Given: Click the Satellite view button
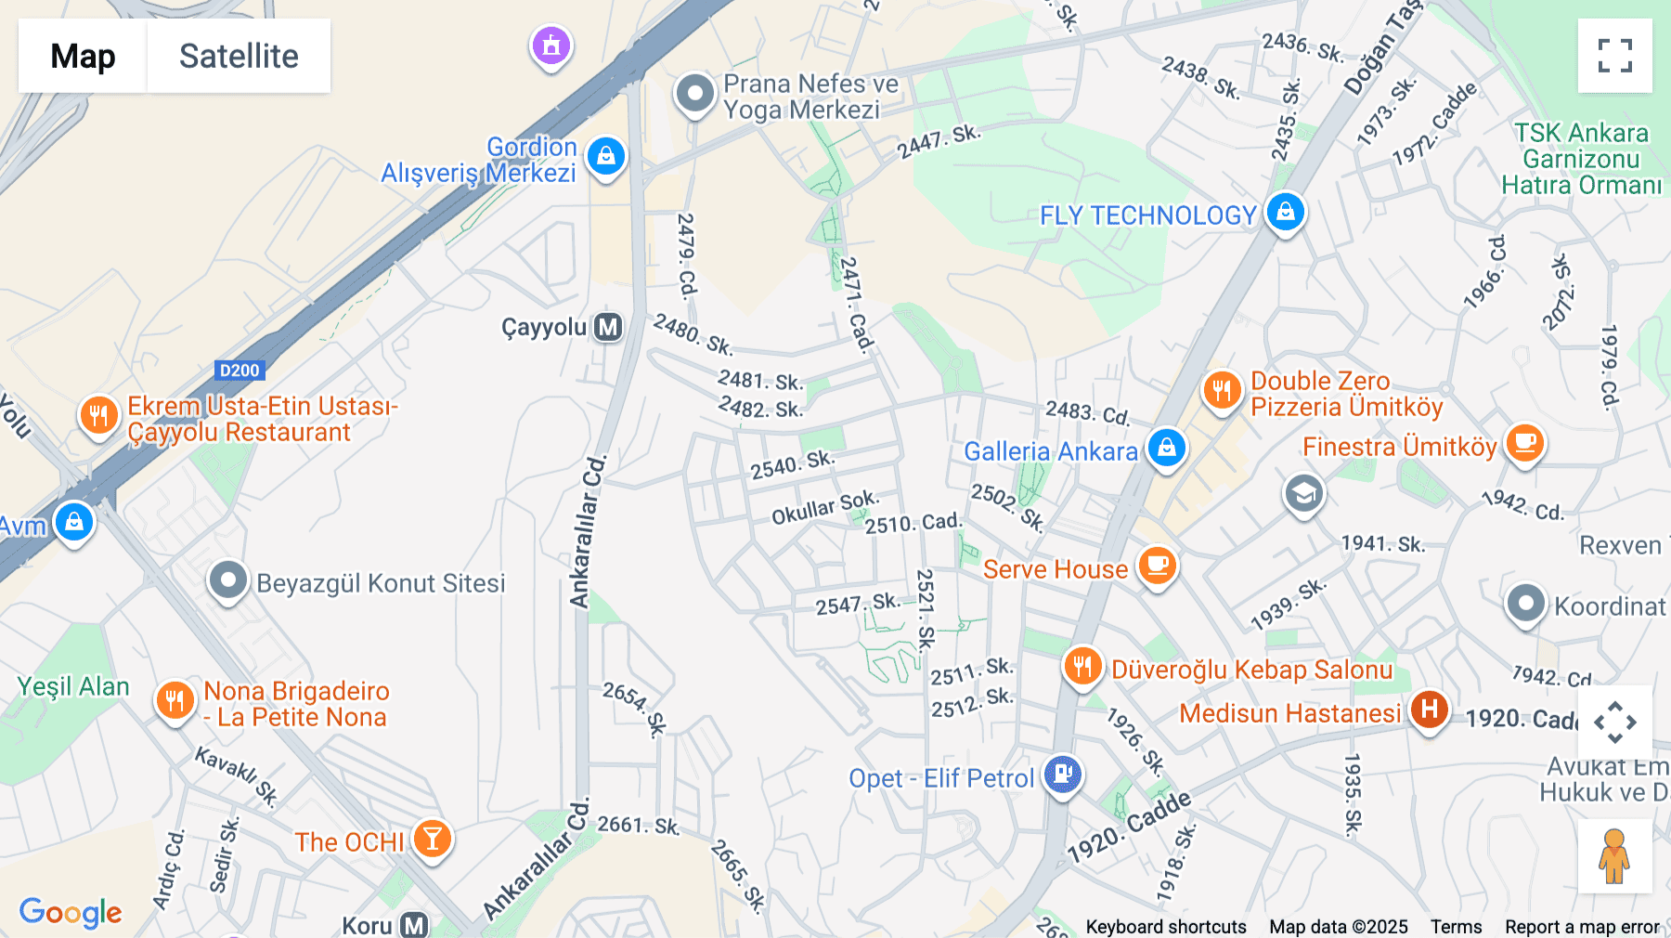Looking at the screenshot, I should pos(239,56).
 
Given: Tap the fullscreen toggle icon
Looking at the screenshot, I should pos(1614,56).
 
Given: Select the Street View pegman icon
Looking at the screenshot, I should pos(1614,855).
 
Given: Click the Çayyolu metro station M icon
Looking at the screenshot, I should pos(608,327).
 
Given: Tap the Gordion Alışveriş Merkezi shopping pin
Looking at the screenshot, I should pos(606,156).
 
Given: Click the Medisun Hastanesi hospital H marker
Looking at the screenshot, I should pos(1429,710).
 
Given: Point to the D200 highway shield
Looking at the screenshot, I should pos(240,371).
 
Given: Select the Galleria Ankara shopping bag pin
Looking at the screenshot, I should pos(1167,448).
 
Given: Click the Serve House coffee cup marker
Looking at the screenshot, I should pos(1157,564).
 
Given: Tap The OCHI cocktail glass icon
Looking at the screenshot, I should pos(432,838).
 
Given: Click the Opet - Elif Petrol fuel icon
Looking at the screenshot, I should pos(1063,773).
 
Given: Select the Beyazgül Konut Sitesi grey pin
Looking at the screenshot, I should pos(227,581).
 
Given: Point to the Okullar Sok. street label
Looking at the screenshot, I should pos(825,506).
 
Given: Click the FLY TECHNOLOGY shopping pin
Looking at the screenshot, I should pos(1286,213).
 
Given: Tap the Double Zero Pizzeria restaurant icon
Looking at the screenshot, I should pos(1222,390).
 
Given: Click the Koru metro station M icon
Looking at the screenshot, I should pos(414,925).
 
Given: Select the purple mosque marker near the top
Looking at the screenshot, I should pos(551,45).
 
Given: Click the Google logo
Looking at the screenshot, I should pos(71,912).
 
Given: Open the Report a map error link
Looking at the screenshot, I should pos(1582,927).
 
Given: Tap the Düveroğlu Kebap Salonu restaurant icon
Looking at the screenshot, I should pos(1082,666).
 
